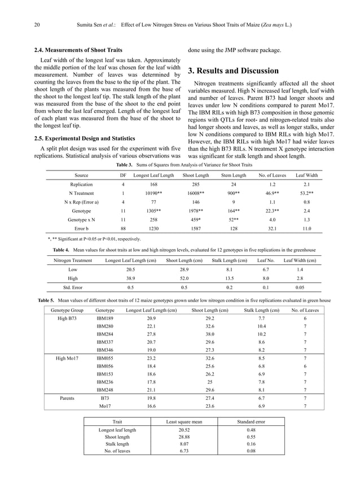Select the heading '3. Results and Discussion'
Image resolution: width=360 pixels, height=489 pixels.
[232, 71]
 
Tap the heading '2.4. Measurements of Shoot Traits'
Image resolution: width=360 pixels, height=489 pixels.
[78, 51]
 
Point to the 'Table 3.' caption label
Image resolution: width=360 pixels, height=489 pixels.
[124, 165]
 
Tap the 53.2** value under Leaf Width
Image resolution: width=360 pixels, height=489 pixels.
[306, 193]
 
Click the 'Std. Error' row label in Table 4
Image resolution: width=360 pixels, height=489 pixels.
[73, 287]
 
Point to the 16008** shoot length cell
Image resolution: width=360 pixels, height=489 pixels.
[194, 193]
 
